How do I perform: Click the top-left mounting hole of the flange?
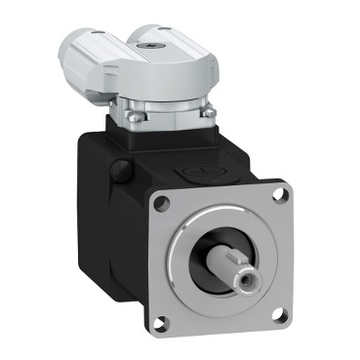coord(159,204)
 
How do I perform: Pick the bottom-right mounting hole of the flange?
coord(276,313)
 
